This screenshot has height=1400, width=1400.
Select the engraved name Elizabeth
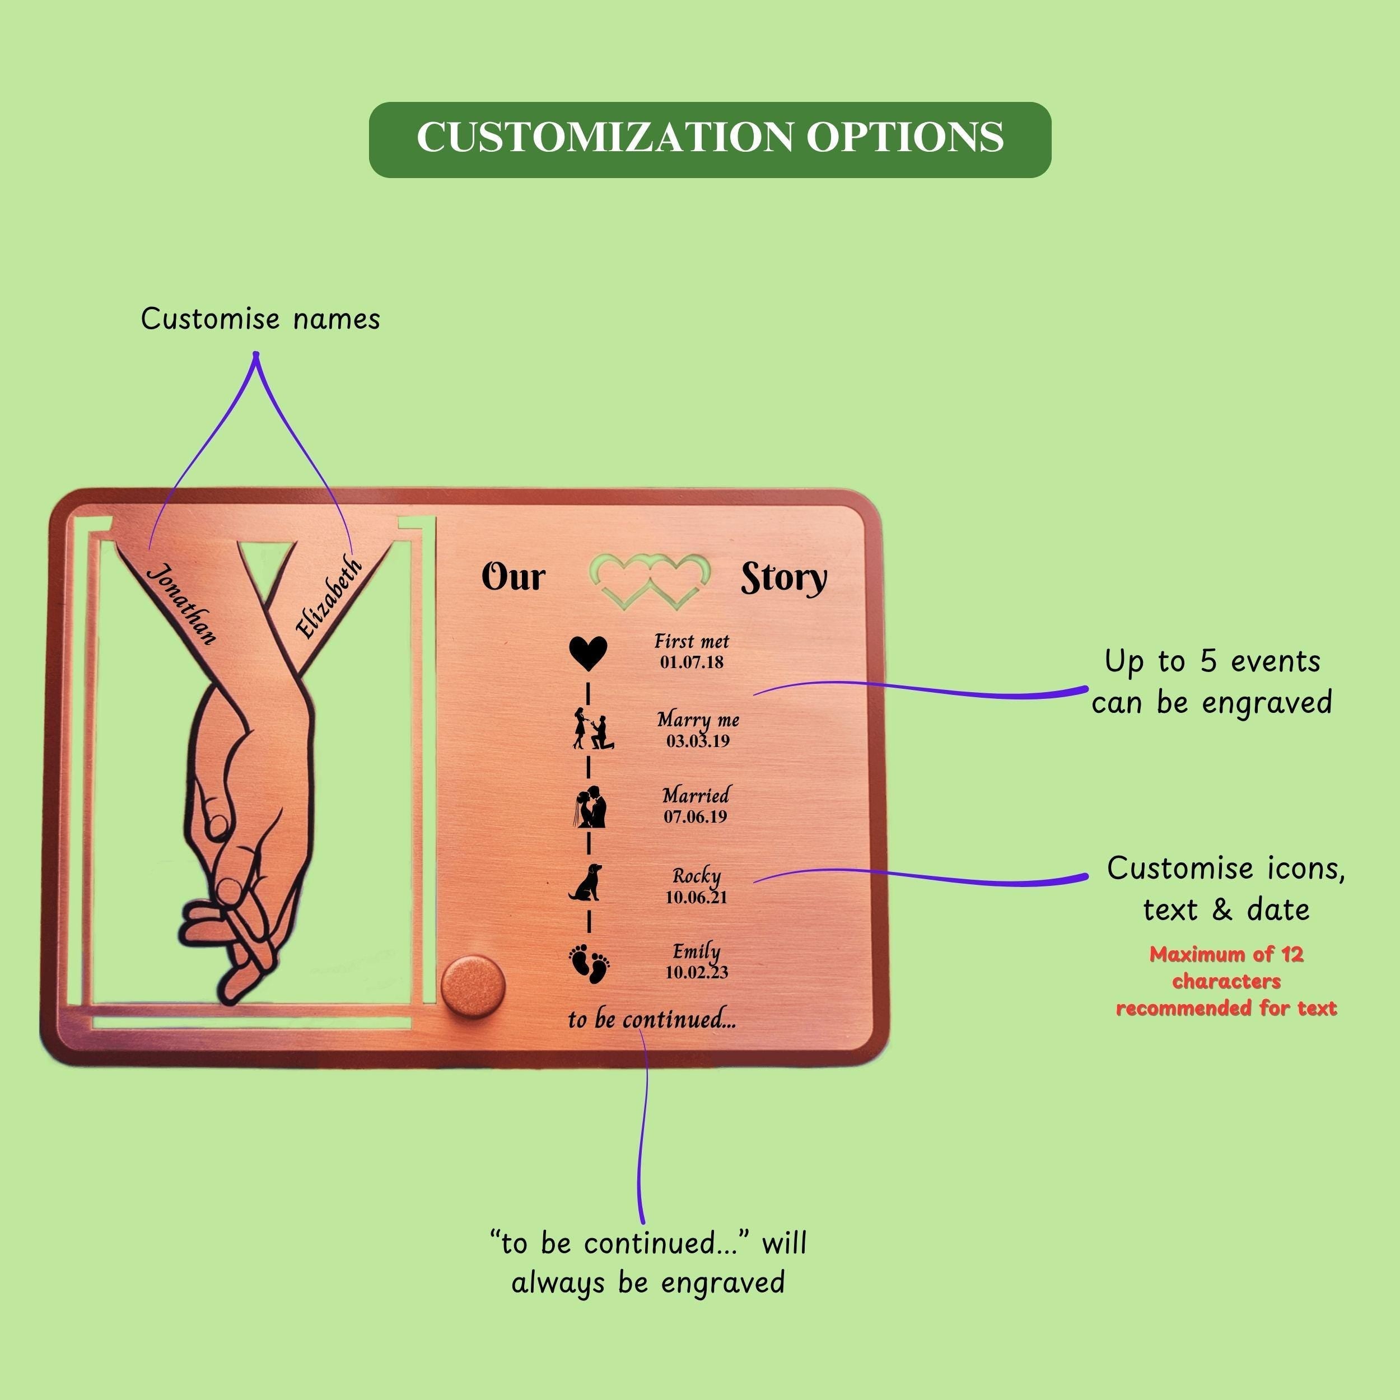(x=329, y=598)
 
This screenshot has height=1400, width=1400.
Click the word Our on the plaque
(x=513, y=577)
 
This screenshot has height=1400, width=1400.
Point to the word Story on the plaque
(x=783, y=579)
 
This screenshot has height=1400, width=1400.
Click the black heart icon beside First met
(x=587, y=653)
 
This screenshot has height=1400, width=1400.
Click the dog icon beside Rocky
(x=586, y=883)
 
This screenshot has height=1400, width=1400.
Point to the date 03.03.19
(x=698, y=740)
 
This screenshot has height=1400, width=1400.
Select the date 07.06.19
(x=695, y=816)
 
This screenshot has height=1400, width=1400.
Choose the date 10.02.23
(x=697, y=972)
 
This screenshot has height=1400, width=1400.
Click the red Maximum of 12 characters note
(x=1225, y=981)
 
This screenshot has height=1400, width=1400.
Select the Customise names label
(x=260, y=319)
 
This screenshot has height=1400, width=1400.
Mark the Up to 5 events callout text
(x=1212, y=681)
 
